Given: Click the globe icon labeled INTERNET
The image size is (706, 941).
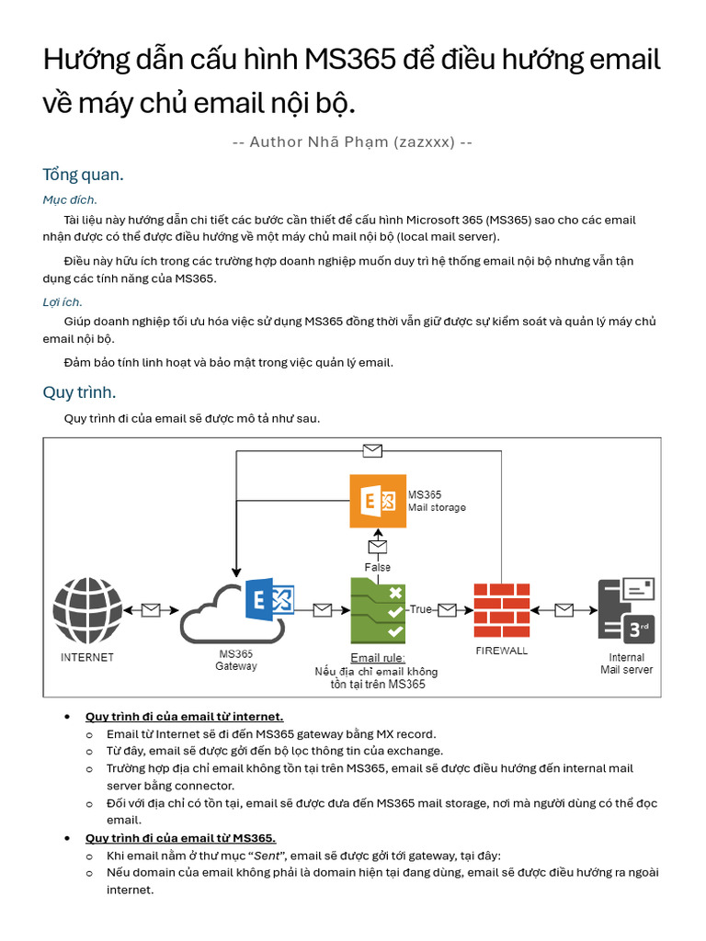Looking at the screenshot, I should click(x=87, y=610).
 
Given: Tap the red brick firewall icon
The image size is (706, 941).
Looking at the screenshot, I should click(x=501, y=610).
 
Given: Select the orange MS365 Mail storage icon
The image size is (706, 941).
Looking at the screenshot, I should click(x=378, y=501).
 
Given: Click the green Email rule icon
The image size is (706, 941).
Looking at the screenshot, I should click(x=378, y=610).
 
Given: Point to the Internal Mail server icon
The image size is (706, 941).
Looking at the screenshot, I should click(x=626, y=610).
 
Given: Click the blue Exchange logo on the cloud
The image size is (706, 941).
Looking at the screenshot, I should click(x=269, y=601).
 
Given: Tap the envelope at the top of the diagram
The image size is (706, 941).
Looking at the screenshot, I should click(x=372, y=450).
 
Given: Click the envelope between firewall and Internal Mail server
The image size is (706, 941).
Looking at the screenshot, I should click(x=564, y=610).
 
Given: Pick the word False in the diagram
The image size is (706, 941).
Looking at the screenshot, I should click(x=378, y=567).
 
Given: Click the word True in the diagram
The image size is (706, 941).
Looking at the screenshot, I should click(x=420, y=609).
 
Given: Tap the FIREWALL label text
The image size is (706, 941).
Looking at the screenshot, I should click(x=501, y=651).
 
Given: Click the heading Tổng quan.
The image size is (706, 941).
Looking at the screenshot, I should click(x=83, y=175).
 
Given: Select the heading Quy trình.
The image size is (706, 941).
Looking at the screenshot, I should click(x=79, y=392).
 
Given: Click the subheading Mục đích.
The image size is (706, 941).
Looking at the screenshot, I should click(x=70, y=199).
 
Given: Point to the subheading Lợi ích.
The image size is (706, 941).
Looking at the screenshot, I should click(x=63, y=301).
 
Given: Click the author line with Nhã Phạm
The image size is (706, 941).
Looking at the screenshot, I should click(x=353, y=142).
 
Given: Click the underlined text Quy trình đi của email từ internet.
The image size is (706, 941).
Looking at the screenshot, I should click(x=184, y=716).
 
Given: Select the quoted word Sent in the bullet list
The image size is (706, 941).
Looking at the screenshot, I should click(x=268, y=856).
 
